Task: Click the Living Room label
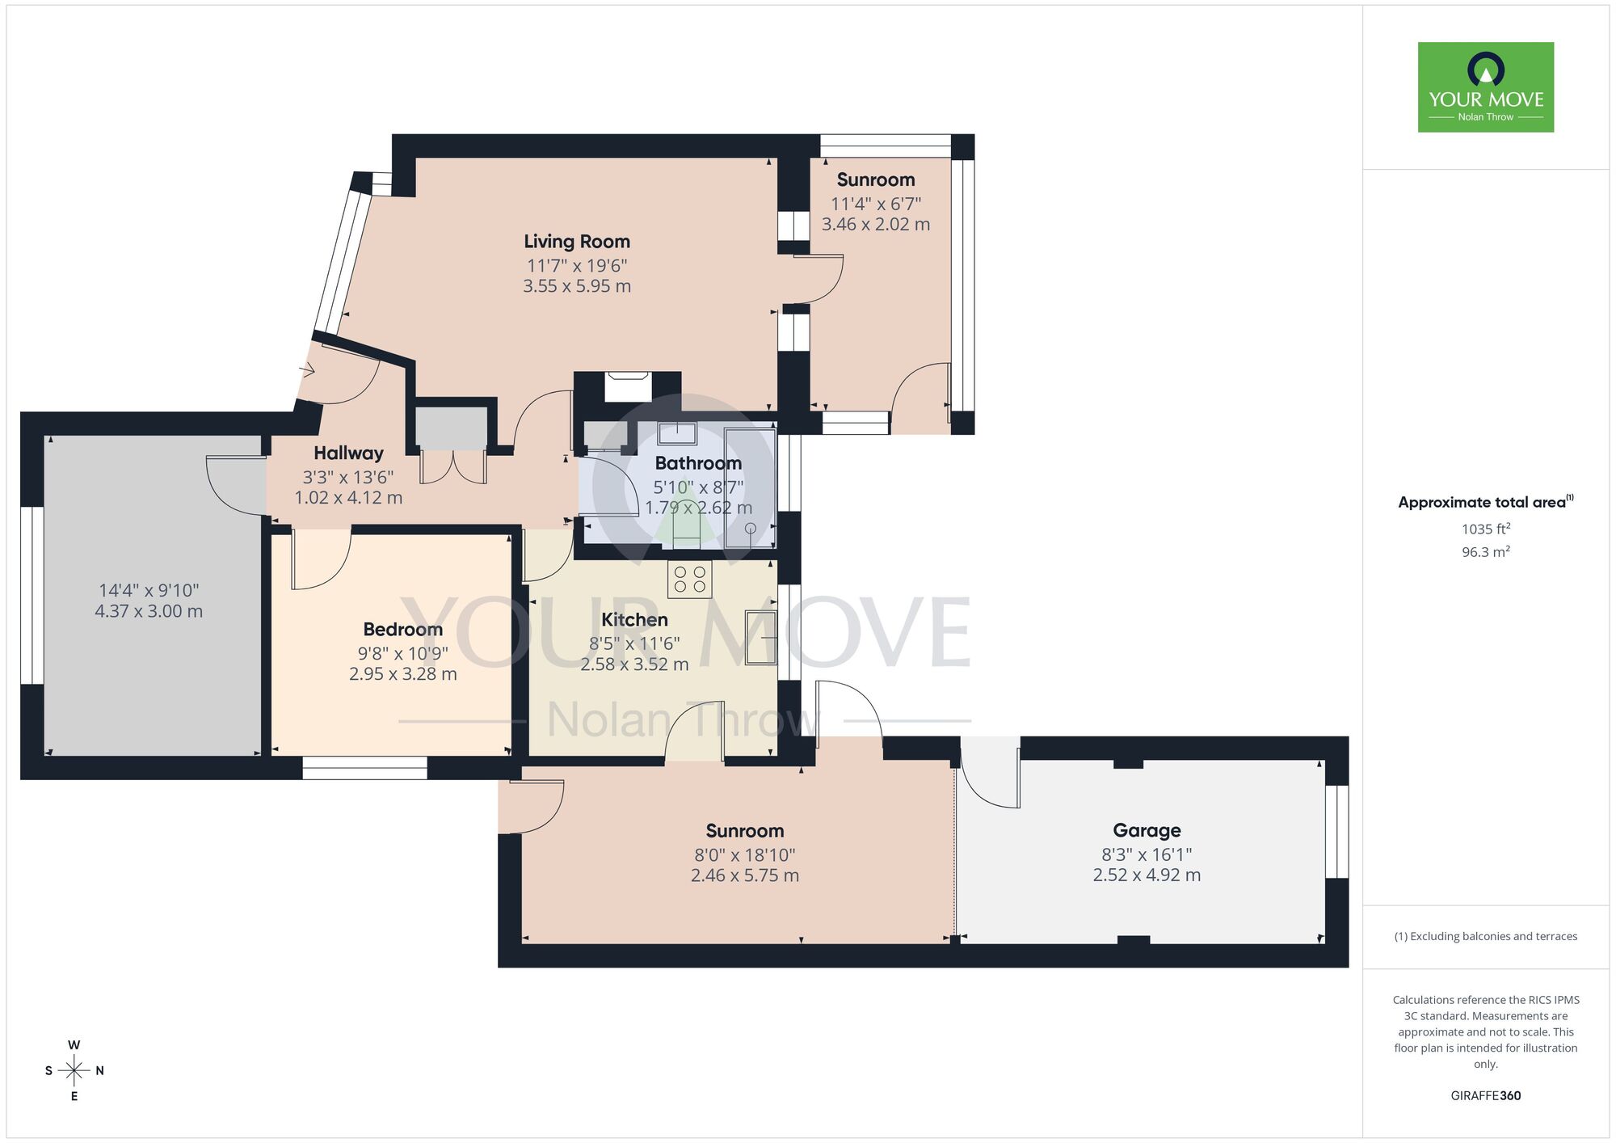click(576, 241)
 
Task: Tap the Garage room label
click(1147, 830)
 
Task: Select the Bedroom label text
click(402, 629)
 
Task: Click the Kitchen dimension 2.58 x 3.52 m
click(634, 664)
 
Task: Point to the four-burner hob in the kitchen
click(689, 580)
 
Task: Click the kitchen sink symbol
click(760, 637)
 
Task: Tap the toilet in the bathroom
click(686, 525)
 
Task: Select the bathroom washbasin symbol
click(677, 433)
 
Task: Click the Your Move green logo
click(1485, 87)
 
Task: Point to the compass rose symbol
click(74, 1071)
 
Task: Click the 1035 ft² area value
click(1485, 529)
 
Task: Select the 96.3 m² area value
click(1485, 552)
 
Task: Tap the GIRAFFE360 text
click(1485, 1096)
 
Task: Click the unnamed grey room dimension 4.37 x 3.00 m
click(149, 612)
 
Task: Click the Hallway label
click(348, 453)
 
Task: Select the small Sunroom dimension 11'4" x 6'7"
click(876, 204)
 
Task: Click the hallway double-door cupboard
click(452, 465)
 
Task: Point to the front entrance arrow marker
click(307, 371)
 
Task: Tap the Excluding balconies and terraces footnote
click(1485, 936)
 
